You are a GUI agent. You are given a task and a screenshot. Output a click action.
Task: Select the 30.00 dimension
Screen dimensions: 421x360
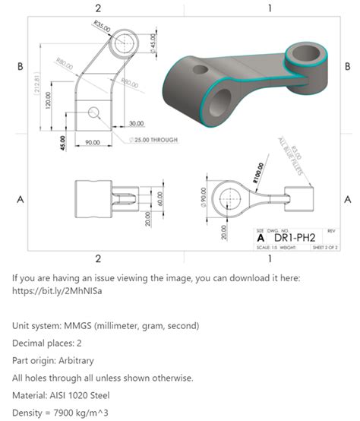pos(137,123)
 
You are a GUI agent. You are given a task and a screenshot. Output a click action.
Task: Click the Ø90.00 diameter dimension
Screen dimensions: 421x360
pos(203,196)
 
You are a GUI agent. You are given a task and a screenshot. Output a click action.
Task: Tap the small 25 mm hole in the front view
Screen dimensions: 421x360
pos(93,113)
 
